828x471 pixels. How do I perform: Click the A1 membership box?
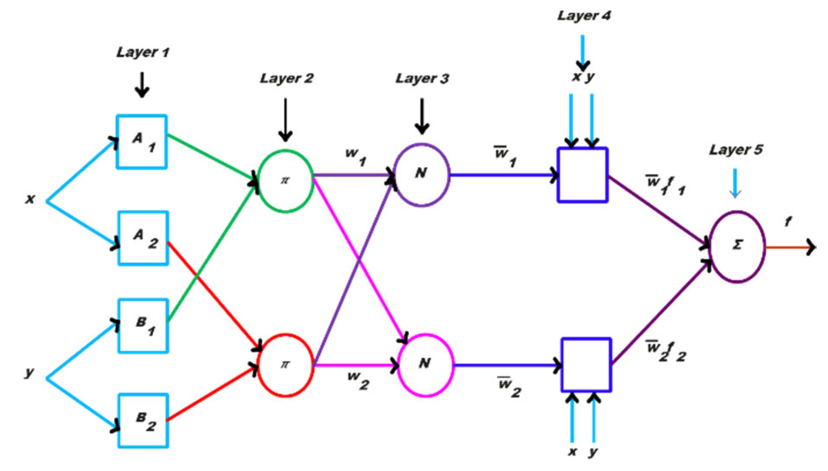[x=142, y=142]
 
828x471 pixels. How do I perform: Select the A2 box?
[x=143, y=238]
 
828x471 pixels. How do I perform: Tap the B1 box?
[x=143, y=326]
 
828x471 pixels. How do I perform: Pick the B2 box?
[x=143, y=421]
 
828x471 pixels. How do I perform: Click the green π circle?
[x=285, y=181]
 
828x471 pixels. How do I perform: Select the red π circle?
[x=285, y=365]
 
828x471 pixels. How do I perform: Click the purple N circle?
[x=421, y=175]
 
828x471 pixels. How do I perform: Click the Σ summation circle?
[x=737, y=246]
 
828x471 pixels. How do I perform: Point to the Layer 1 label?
[x=142, y=52]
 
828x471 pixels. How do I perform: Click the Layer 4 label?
[x=583, y=16]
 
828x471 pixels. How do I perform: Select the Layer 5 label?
[x=735, y=150]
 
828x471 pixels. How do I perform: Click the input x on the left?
[x=30, y=199]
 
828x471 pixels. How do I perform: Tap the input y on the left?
[x=29, y=372]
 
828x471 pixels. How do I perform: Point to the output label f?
[x=788, y=222]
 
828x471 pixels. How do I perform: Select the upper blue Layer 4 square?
[x=583, y=175]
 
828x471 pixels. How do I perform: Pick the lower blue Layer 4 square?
[x=586, y=365]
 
